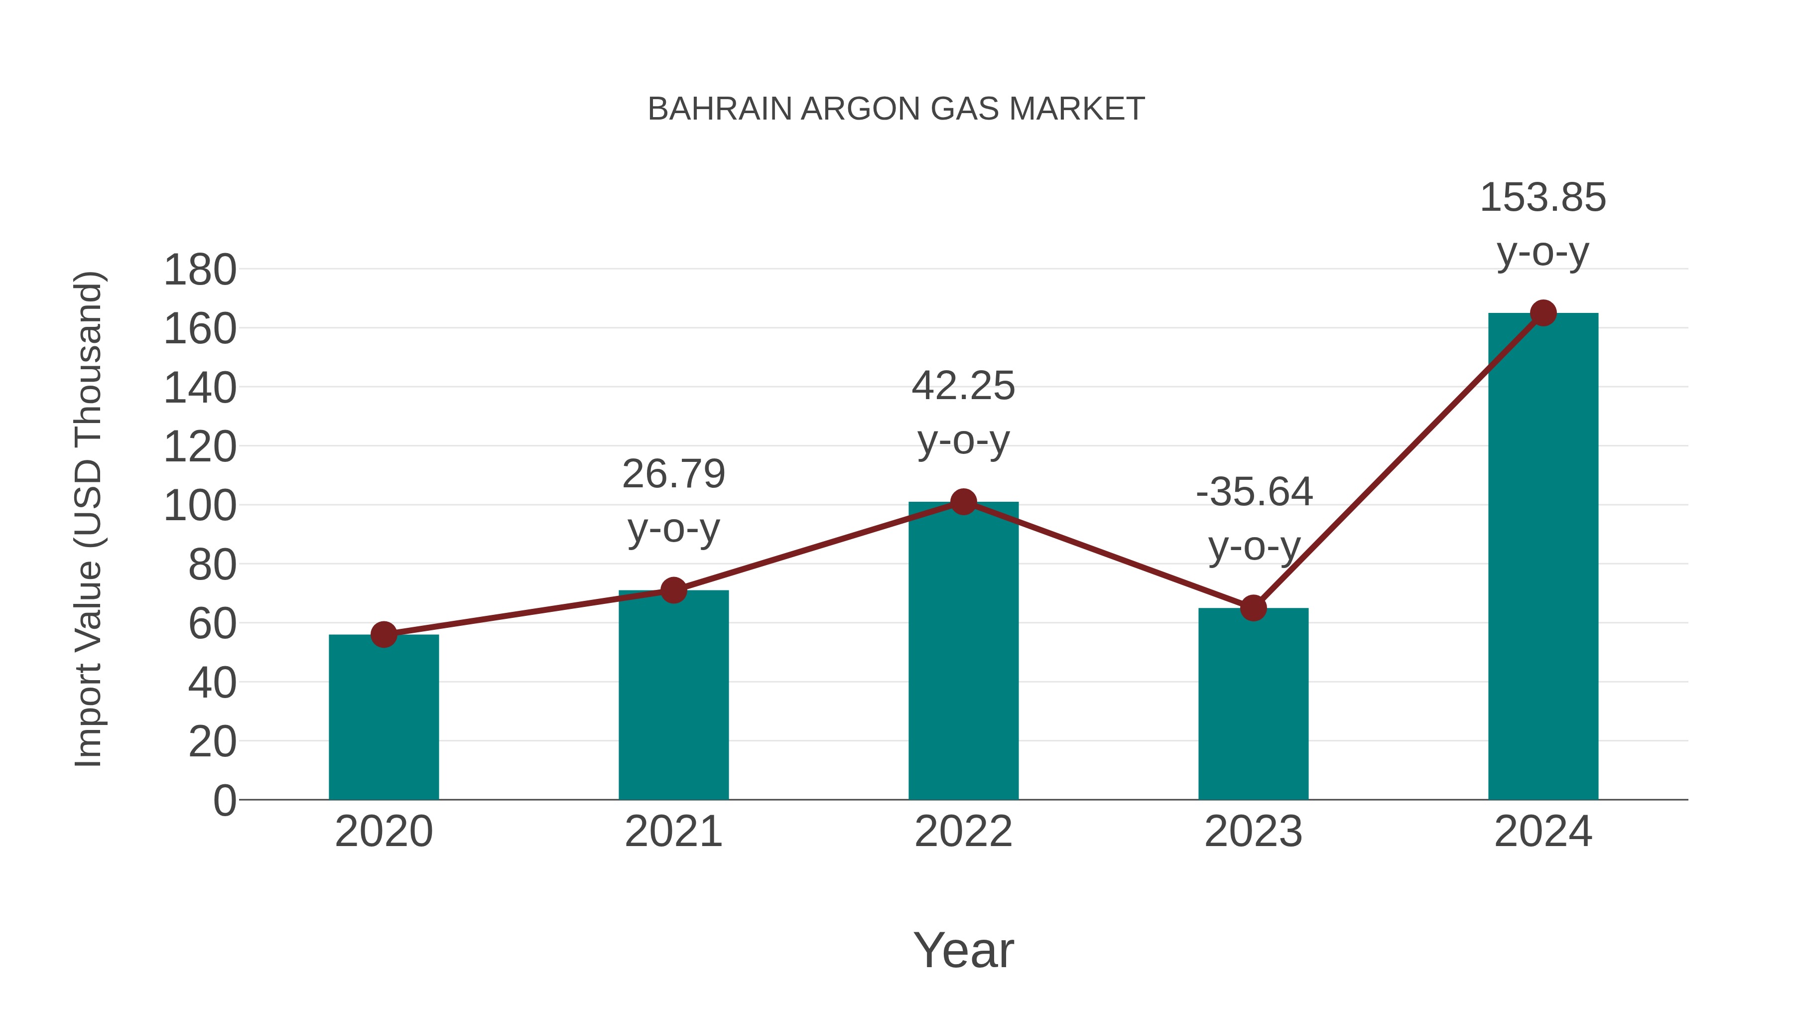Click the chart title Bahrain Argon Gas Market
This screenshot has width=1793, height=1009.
(896, 109)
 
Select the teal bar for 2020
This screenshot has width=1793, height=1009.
(384, 717)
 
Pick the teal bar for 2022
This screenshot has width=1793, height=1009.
(963, 651)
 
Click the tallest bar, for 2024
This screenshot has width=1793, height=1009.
(1543, 557)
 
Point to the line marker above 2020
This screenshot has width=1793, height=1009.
(384, 634)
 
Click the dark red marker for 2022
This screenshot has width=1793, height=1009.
(963, 501)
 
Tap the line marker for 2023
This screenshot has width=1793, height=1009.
(1253, 608)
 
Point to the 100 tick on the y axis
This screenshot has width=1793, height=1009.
(200, 506)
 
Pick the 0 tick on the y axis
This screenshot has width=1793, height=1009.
(224, 801)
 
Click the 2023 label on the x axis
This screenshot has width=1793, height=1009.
(1253, 832)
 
